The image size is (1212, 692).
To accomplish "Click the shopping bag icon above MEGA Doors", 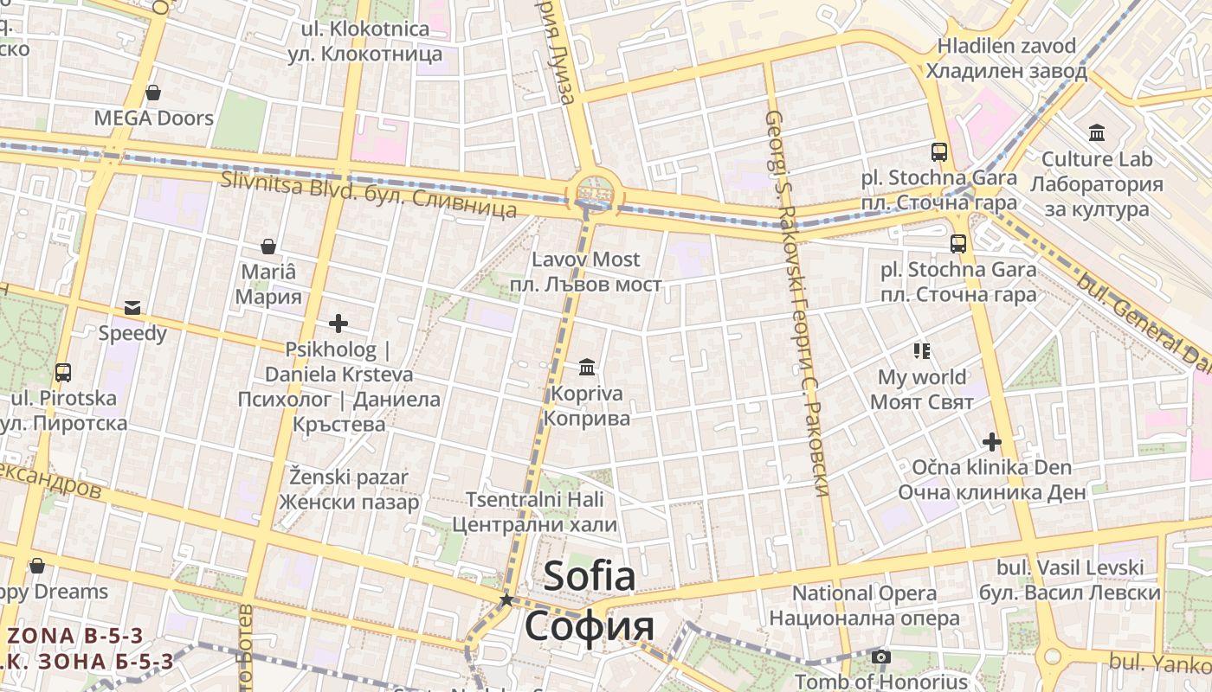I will pos(153,92).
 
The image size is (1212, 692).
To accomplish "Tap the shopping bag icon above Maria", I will pos(268,247).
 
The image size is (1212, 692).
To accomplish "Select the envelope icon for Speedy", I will pos(132,307).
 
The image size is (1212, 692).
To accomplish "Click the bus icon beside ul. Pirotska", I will pos(62,373).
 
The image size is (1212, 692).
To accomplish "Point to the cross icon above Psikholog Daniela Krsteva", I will pos(338,324).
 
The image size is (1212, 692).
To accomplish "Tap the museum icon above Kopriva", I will pos(587,368).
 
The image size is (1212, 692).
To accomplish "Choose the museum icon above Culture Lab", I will pos(1097,132).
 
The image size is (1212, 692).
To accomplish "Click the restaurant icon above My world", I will pos(921,350).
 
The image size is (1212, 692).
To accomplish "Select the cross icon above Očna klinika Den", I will pos(991,442).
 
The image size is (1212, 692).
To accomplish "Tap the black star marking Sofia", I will pos(506,599).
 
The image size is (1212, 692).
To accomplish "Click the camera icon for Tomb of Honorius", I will pos(881,657).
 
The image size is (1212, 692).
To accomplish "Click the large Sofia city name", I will pos(590,577).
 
